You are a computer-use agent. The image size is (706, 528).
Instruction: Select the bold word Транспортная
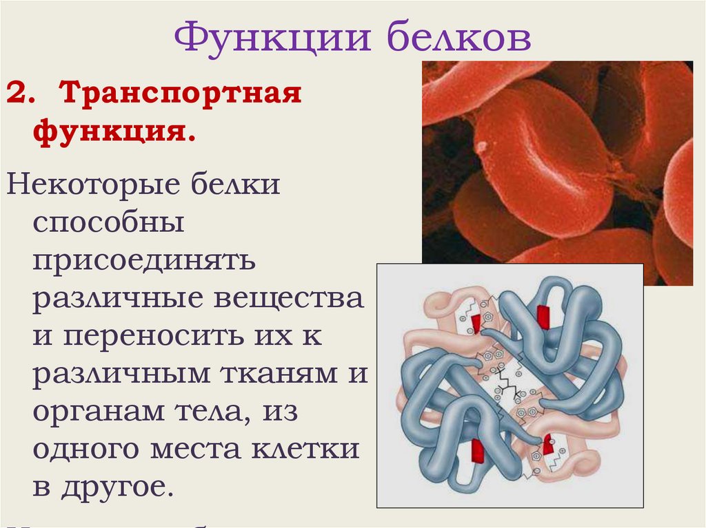pos(180,93)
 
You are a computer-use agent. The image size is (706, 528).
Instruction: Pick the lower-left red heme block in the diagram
pos(476,451)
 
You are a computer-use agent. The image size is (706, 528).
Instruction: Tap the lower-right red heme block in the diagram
pos(549,444)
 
